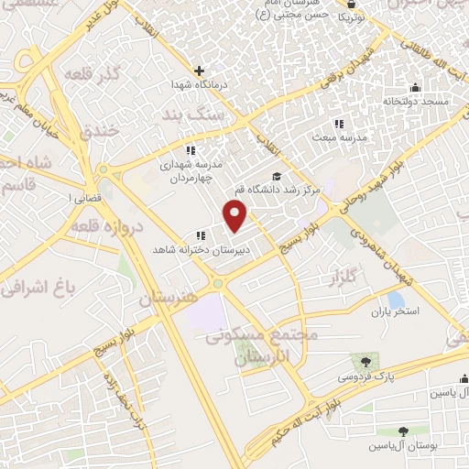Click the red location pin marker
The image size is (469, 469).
[x=236, y=215]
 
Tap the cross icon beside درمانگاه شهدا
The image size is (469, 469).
[x=200, y=71]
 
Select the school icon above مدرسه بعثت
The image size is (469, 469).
[x=339, y=124]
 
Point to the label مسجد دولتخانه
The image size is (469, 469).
[x=416, y=101]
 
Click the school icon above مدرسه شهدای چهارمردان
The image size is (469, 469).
[x=191, y=150]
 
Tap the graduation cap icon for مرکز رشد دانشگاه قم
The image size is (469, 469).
[x=276, y=177]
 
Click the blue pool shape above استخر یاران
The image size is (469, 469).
[x=397, y=299]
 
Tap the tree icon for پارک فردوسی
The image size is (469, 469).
[x=367, y=360]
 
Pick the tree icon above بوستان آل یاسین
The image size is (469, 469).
[x=403, y=431]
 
